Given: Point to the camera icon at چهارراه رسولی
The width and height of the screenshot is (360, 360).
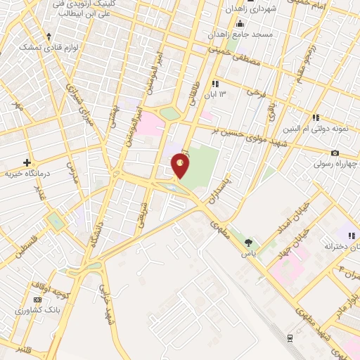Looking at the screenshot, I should click(x=335, y=153).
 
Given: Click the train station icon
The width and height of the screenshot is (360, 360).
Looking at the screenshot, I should click(x=289, y=338).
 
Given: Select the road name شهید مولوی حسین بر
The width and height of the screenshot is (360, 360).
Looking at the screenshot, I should click(x=256, y=136).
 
